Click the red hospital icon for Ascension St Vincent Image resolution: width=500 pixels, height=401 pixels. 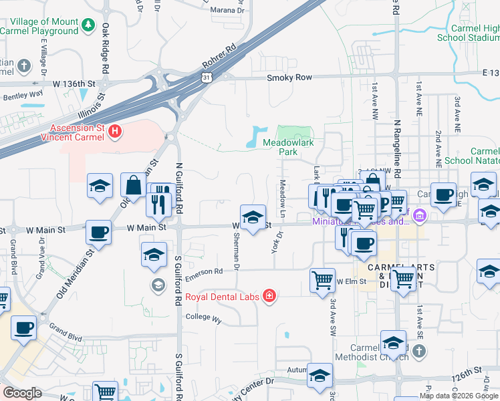click(x=115, y=131)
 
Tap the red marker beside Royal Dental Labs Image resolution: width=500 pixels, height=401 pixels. click(x=269, y=295)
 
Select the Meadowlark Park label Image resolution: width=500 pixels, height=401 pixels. click(x=288, y=147)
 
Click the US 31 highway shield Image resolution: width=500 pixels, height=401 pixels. click(x=209, y=78)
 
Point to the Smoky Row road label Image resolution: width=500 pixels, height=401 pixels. click(x=289, y=78)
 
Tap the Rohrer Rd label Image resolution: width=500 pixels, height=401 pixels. click(x=223, y=57)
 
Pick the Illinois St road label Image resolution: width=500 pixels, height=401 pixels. click(x=91, y=106)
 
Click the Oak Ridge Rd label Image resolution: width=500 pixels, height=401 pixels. click(x=106, y=48)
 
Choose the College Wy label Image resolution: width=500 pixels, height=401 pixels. click(x=203, y=318)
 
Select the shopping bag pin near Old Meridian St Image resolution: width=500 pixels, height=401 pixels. click(x=134, y=186)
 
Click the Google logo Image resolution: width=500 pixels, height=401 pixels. click(x=22, y=393)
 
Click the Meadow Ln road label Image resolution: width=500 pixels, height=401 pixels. click(x=283, y=192)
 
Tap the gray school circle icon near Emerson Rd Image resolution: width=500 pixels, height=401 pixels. click(x=158, y=286)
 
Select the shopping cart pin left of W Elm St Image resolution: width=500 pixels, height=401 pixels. click(x=322, y=279)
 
